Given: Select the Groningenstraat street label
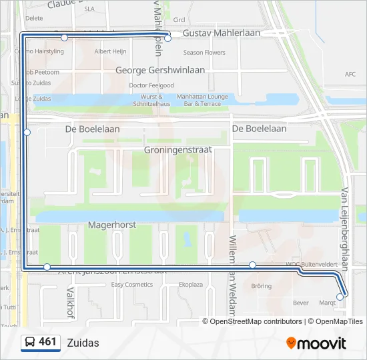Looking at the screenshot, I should (177, 150).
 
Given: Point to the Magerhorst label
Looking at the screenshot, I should (111, 225).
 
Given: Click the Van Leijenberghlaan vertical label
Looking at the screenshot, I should (345, 227).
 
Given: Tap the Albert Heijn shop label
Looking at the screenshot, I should (111, 51).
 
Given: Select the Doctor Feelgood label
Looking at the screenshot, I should (151, 85).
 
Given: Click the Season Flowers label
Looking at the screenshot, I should (204, 53).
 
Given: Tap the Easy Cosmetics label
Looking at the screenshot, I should (131, 285).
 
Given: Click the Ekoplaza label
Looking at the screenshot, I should (190, 285).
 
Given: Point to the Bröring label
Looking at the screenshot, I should (262, 287).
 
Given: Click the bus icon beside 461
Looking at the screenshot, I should (30, 343).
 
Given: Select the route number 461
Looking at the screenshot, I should (47, 342).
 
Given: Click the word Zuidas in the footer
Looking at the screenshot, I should (83, 343).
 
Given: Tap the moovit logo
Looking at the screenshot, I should (316, 343).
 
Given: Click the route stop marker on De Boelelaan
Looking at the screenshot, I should (27, 132).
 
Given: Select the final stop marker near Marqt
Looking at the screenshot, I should (340, 297).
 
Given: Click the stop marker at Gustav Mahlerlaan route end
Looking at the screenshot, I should (167, 38).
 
